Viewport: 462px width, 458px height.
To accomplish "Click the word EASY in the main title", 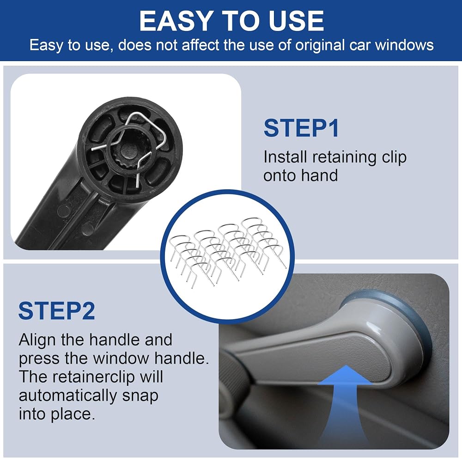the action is click(175, 21).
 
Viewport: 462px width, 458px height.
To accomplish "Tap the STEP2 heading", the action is click(56, 310).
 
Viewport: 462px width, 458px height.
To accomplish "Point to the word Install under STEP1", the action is click(285, 157).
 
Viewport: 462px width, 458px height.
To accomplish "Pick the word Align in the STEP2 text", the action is click(37, 340).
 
